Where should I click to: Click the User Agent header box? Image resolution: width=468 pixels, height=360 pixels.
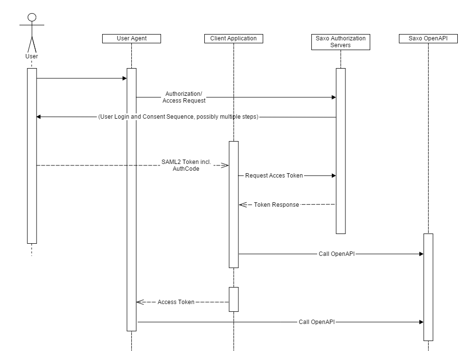131,38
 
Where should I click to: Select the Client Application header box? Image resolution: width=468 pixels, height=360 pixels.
234,38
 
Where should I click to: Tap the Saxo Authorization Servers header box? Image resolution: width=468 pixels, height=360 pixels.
341,42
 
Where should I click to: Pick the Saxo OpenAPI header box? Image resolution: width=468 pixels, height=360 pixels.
428,38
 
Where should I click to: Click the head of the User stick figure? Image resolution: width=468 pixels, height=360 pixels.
32,18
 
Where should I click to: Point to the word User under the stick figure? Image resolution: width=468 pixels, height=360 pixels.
32,56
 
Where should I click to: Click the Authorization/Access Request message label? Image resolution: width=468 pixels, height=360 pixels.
184,97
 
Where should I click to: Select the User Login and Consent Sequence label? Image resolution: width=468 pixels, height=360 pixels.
178,117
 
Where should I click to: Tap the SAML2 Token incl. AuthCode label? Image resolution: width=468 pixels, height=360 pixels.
186,165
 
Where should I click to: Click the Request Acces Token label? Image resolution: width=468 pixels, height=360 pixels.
274,176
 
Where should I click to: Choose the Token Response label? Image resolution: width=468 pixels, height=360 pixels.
276,205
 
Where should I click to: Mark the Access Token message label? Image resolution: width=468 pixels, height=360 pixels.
176,302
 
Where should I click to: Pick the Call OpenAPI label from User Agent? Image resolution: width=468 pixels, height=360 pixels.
317,322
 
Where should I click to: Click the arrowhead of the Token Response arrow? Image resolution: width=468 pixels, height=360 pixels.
241,205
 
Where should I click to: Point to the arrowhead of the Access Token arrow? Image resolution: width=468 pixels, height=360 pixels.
139,302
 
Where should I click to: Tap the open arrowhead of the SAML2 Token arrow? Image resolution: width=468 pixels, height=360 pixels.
226,165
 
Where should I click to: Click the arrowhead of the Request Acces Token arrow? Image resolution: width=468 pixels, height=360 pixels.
334,176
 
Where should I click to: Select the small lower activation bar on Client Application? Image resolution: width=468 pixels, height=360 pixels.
234,299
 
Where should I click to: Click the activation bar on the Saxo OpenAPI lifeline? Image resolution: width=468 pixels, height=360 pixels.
428,287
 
